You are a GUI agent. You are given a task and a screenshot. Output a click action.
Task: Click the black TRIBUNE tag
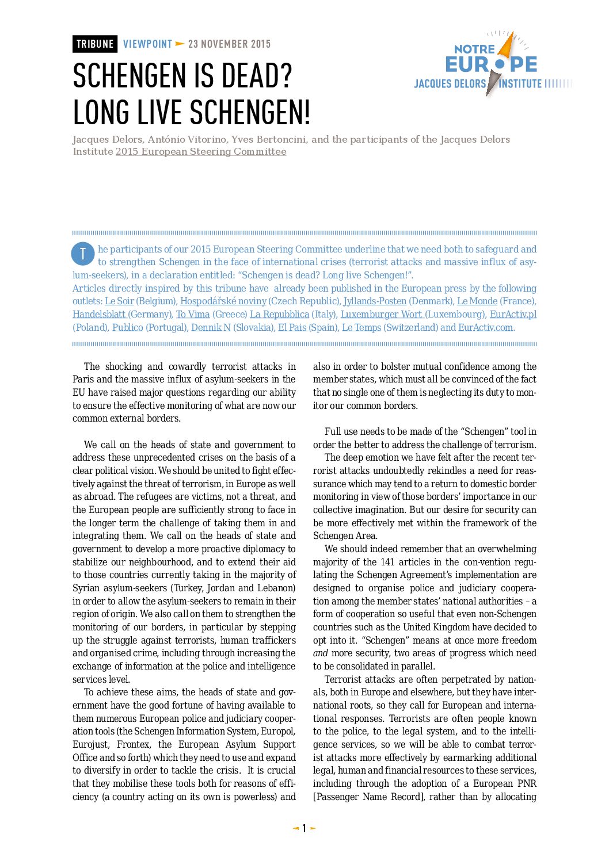click(x=95, y=44)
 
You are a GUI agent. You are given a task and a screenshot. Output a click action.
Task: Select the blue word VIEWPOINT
click(x=147, y=44)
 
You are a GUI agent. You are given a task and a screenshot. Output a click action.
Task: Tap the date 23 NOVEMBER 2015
click(x=229, y=44)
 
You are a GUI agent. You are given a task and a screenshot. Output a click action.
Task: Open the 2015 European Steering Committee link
click(x=201, y=152)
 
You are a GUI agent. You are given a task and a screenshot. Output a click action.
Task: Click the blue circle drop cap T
click(x=83, y=254)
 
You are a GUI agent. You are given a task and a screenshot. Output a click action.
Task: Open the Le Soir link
click(x=119, y=301)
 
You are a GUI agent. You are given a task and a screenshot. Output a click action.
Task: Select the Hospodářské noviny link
click(x=223, y=301)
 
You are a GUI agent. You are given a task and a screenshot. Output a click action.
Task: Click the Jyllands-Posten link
click(x=375, y=301)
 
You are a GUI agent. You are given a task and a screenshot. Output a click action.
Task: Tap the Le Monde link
click(x=477, y=301)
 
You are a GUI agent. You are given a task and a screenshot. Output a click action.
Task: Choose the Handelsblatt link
click(x=99, y=315)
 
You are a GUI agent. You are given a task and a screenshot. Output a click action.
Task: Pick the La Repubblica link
click(x=279, y=315)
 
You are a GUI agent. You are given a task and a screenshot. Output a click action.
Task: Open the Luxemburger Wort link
click(x=381, y=315)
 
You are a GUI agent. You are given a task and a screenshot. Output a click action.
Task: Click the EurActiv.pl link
click(x=513, y=315)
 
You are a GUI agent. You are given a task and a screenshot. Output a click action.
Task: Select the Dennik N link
click(x=211, y=328)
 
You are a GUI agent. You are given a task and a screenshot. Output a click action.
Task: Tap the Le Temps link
click(x=361, y=328)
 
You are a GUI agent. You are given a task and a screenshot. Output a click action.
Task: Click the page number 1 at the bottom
click(x=304, y=829)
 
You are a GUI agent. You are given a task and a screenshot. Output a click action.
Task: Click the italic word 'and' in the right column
click(x=321, y=653)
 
